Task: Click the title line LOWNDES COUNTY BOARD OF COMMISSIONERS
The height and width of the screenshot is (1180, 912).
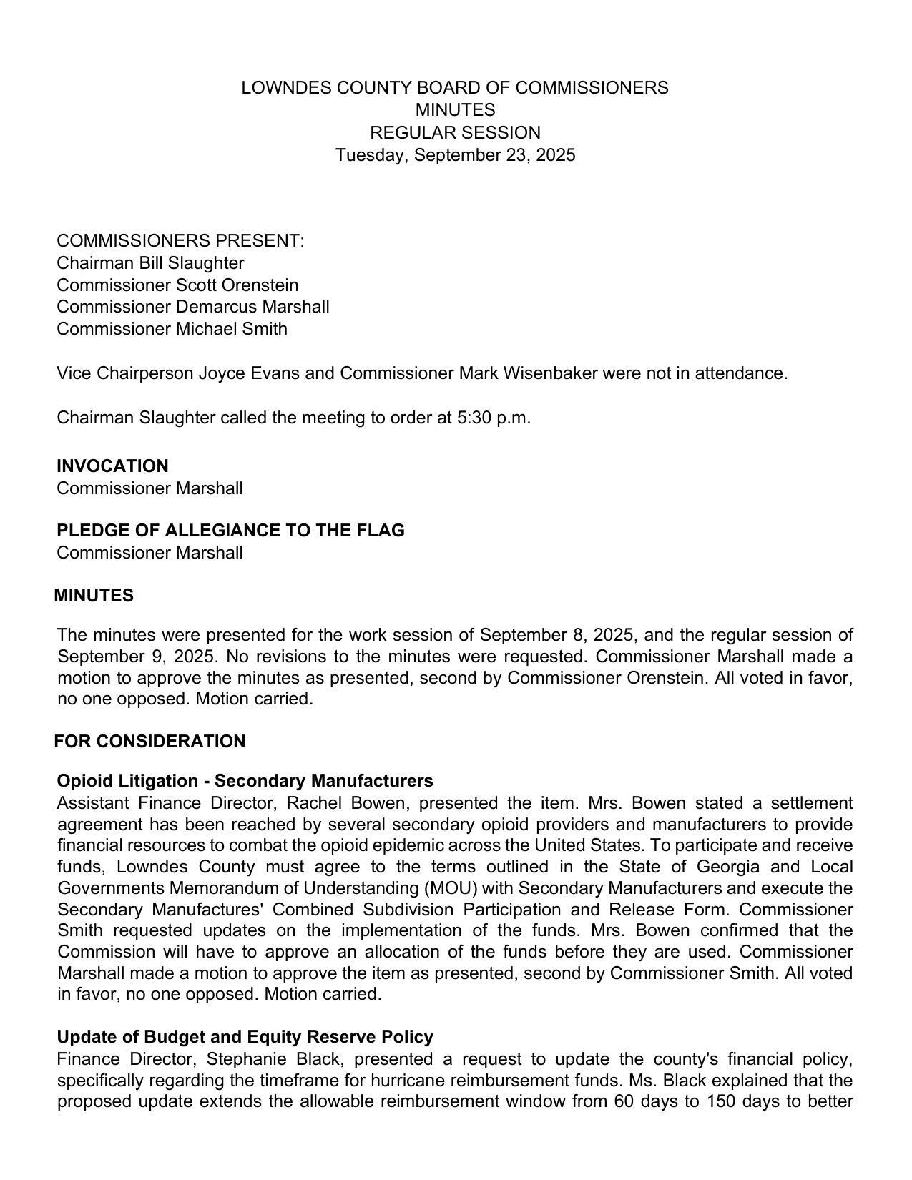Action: pyautogui.click(x=455, y=88)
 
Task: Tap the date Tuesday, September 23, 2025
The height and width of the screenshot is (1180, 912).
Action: pyautogui.click(x=455, y=155)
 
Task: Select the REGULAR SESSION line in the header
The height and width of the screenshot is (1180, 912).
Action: pyautogui.click(x=455, y=133)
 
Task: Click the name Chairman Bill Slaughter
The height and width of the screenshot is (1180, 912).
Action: pyautogui.click(x=150, y=263)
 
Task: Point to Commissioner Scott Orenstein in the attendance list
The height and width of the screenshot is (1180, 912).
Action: pyautogui.click(x=177, y=285)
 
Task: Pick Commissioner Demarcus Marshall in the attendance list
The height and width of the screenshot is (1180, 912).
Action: pyautogui.click(x=193, y=307)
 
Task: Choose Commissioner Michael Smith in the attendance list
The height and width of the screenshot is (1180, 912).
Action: pyautogui.click(x=172, y=329)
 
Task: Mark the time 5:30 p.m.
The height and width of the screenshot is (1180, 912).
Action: pyautogui.click(x=494, y=418)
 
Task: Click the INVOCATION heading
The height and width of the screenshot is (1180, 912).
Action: pyautogui.click(x=112, y=466)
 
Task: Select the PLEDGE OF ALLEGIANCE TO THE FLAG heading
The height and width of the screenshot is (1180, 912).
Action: pyautogui.click(x=230, y=531)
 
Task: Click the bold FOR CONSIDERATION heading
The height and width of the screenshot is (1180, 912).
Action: pyautogui.click(x=149, y=742)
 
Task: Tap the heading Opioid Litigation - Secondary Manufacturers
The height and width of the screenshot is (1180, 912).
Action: pyautogui.click(x=245, y=781)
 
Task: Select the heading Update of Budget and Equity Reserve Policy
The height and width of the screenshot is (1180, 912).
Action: pyautogui.click(x=245, y=1037)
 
